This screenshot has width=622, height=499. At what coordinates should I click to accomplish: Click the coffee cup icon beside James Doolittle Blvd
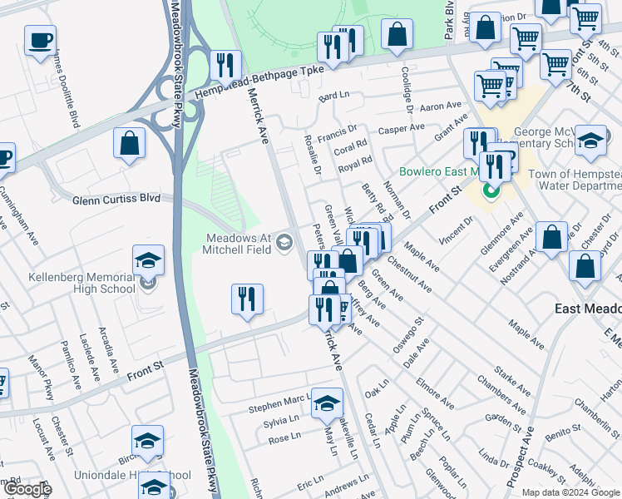[x=40, y=41]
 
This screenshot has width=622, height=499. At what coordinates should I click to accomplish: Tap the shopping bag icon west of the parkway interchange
[x=131, y=143]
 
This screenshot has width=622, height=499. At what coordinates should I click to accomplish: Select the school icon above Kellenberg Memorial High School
[x=148, y=261]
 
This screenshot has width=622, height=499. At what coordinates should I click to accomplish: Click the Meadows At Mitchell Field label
[x=241, y=243]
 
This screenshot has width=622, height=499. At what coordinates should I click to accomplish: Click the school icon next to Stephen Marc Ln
[x=328, y=403]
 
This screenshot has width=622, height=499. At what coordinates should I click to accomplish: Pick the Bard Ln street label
[x=333, y=96]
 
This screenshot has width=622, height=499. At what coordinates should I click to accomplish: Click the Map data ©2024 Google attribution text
[x=570, y=492]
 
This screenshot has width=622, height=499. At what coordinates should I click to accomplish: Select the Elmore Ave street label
[x=436, y=394]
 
